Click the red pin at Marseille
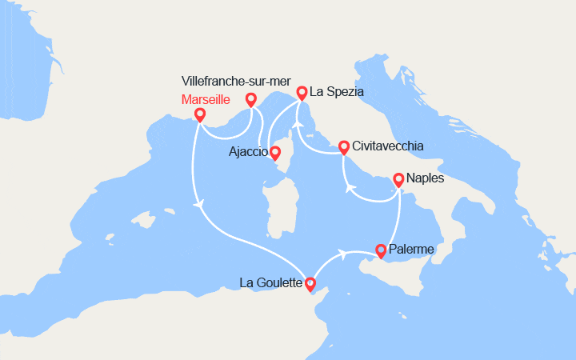(199, 114)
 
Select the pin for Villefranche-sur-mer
(250, 99)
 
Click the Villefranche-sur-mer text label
(235, 82)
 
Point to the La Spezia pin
(302, 92)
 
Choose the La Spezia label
(337, 92)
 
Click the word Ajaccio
(248, 152)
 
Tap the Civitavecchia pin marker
(344, 146)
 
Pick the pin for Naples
(398, 179)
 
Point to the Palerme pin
(381, 250)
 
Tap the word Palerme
(413, 250)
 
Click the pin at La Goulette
(311, 283)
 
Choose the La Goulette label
(271, 282)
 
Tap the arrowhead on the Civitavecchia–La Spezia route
(297, 123)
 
